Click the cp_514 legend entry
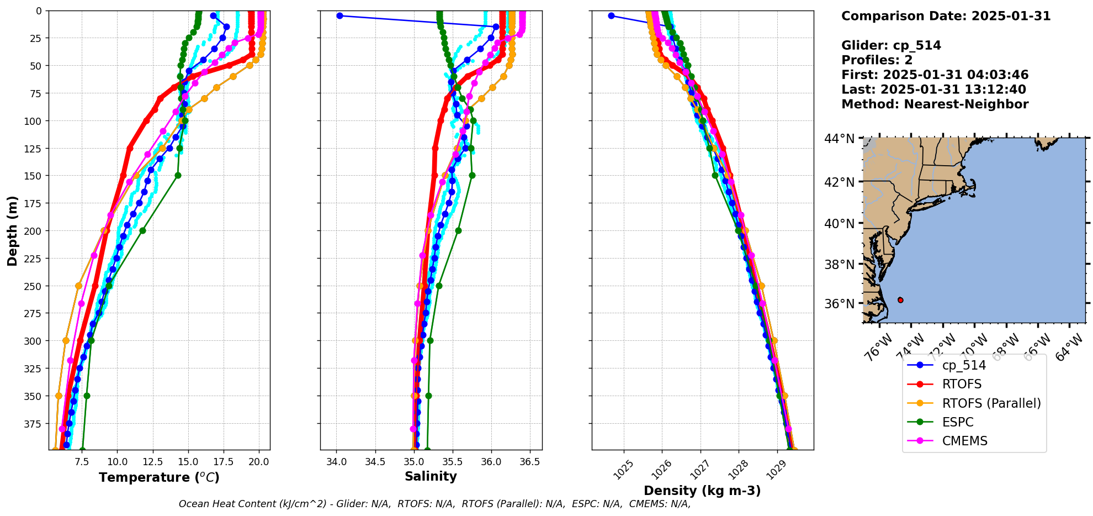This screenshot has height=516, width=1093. coord(963,365)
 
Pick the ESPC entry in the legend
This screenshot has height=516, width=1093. coord(957,422)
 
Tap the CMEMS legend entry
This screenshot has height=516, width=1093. coord(964,441)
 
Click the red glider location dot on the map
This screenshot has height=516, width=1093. coord(900,300)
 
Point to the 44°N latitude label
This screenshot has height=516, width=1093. coord(839,139)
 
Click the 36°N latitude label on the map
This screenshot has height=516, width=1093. coord(839,304)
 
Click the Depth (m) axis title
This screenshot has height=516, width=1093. coord(12,230)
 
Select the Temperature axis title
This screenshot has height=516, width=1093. coord(159,477)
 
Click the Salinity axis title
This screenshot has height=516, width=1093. coord(431,477)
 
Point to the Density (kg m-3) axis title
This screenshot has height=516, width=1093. coord(702,491)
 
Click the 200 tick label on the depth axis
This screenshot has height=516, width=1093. coord(34,231)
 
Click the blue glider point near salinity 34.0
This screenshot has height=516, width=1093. coord(339,15)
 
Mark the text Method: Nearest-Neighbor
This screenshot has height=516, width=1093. coord(935,104)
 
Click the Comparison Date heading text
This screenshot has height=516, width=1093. coord(946,16)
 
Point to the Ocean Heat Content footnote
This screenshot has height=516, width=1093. coord(434,504)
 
